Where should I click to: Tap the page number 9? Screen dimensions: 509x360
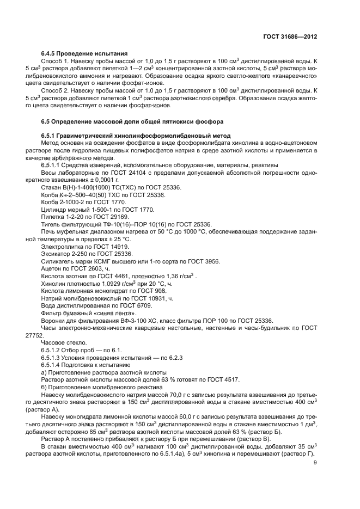pos(315,463)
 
